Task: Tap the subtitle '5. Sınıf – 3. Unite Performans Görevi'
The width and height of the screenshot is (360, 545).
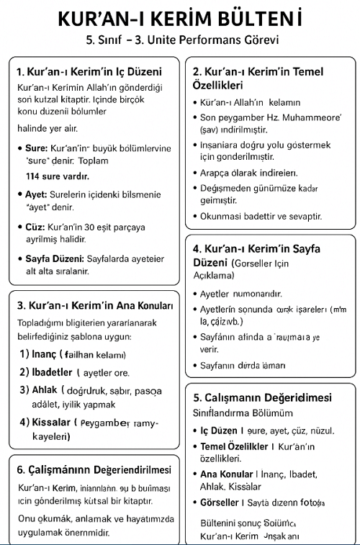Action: pyautogui.click(x=179, y=40)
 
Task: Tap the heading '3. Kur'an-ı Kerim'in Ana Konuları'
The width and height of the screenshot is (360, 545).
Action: pyautogui.click(x=95, y=305)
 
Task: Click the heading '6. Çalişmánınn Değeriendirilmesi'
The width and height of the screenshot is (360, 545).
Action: pyautogui.click(x=94, y=469)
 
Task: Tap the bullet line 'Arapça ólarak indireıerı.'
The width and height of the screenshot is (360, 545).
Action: pyautogui.click(x=249, y=173)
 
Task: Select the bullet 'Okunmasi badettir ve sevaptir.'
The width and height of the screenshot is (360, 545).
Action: pyautogui.click(x=261, y=216)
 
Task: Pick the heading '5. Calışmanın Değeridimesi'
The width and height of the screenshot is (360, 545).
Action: pyautogui.click(x=262, y=397)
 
